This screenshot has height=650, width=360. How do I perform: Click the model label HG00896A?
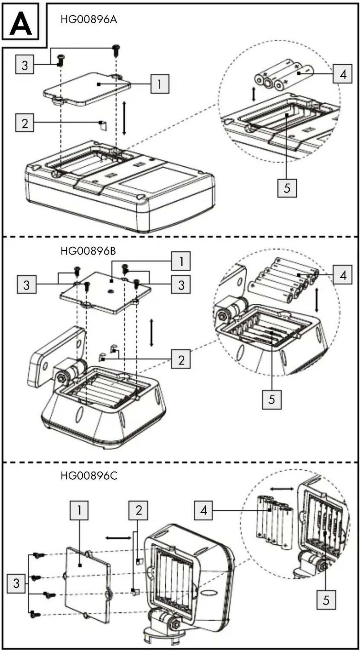[88, 20]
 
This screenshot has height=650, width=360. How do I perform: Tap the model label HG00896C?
[89, 476]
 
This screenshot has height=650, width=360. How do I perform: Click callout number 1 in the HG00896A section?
[159, 84]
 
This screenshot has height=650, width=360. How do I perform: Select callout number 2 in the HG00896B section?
[181, 359]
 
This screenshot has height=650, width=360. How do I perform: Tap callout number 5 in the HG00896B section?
[272, 400]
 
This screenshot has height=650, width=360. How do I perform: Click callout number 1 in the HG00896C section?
[79, 510]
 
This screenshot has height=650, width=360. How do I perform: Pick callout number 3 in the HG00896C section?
[16, 583]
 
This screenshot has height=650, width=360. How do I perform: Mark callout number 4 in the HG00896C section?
[204, 510]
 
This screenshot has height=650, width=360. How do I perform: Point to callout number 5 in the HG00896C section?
[326, 600]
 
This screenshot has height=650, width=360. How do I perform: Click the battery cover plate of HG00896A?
[87, 89]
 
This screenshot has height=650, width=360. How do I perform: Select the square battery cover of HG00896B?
[105, 293]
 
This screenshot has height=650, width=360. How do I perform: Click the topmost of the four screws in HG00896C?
[38, 555]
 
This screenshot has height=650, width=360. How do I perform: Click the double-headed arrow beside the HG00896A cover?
[124, 118]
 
